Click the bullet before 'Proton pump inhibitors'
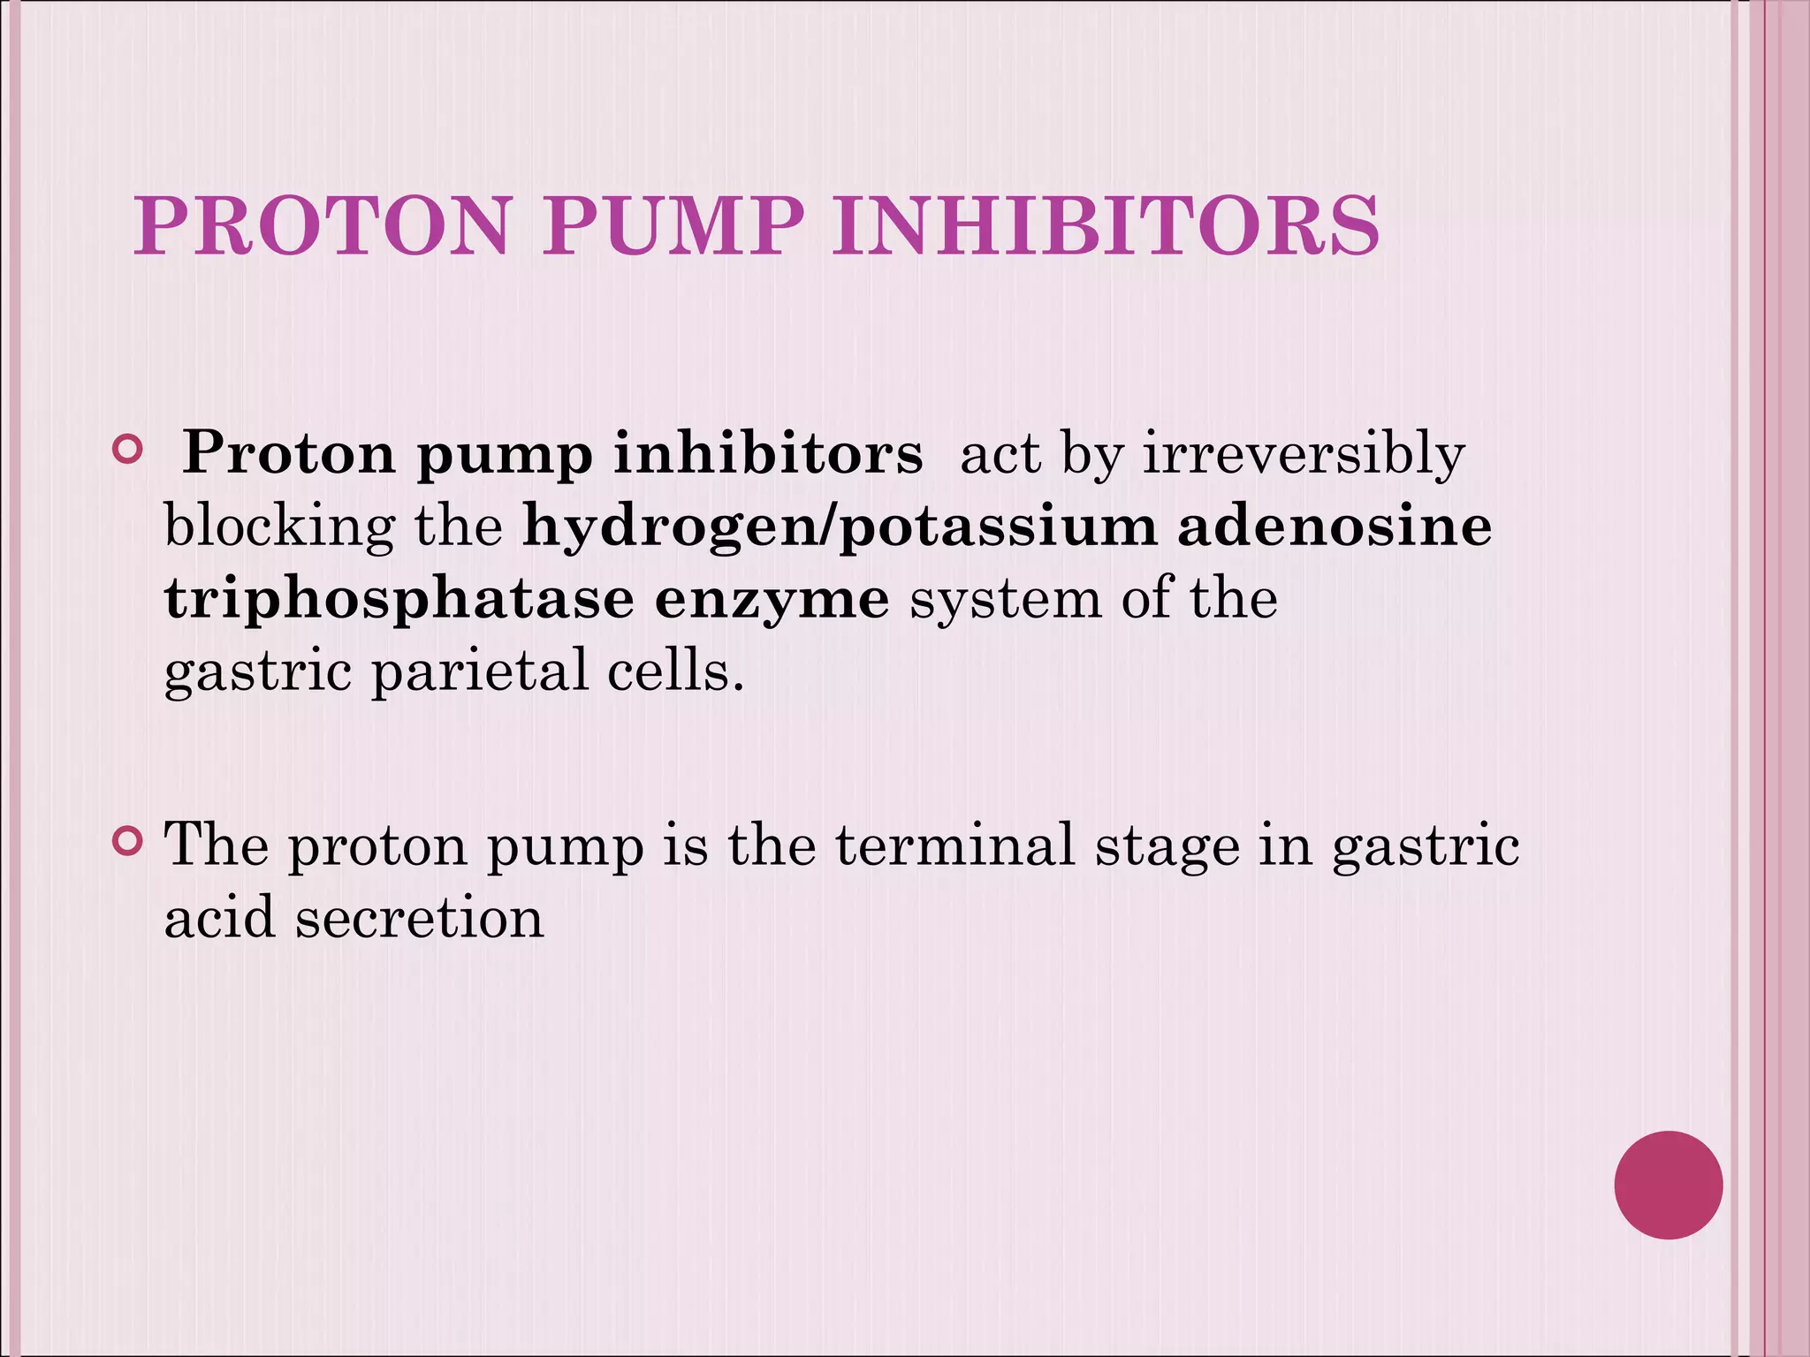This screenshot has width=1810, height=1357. pyautogui.click(x=128, y=451)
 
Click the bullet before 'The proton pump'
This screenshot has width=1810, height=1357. pyautogui.click(x=128, y=842)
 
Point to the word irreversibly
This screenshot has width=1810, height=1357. pyautogui.click(x=1304, y=455)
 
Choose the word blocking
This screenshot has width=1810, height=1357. pyautogui.click(x=279, y=527)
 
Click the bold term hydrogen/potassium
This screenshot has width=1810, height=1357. pyautogui.click(x=840, y=527)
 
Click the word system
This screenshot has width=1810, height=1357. pyautogui.click(x=1006, y=599)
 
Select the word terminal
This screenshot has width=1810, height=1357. pyautogui.click(x=954, y=844)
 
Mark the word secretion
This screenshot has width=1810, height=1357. pyautogui.click(x=419, y=917)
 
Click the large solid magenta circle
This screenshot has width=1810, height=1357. pyautogui.click(x=1668, y=1185)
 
